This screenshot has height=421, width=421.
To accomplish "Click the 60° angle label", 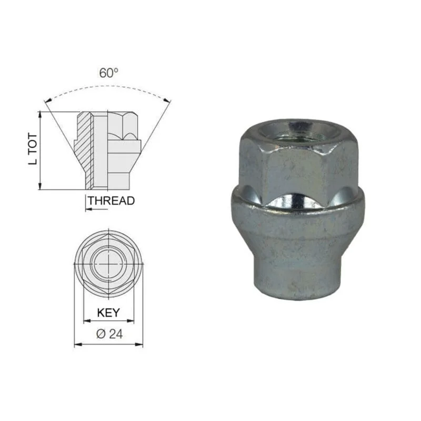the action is click(x=108, y=73).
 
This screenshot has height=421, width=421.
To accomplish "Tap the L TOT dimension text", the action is click(x=33, y=149).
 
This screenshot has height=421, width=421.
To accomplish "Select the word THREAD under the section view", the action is click(x=112, y=201).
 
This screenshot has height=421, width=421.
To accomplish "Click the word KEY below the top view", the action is click(x=108, y=313).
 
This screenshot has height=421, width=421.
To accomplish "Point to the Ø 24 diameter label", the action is click(x=109, y=334).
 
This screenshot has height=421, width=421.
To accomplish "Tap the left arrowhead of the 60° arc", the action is click(x=47, y=101).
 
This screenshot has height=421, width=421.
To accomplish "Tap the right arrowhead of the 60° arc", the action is click(x=167, y=101).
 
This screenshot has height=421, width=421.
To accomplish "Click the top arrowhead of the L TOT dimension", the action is click(x=41, y=115).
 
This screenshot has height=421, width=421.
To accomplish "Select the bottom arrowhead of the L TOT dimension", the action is click(x=41, y=186).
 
